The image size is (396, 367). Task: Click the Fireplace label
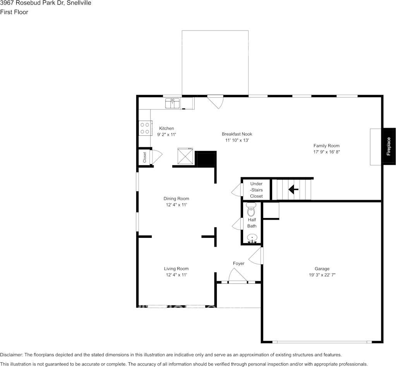click(x=389, y=146)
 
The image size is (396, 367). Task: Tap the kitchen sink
click(x=172, y=103)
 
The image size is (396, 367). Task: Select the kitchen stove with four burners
click(x=145, y=128)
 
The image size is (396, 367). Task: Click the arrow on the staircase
click(x=293, y=189)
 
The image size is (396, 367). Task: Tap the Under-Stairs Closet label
click(x=256, y=190)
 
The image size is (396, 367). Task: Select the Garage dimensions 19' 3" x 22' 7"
click(x=322, y=275)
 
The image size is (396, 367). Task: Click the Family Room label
click(x=326, y=146)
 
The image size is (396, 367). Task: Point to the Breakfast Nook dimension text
click(x=237, y=140)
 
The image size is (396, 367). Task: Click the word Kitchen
click(x=166, y=128)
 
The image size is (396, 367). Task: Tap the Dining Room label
click(x=176, y=199)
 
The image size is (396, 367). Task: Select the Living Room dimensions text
click(x=176, y=275)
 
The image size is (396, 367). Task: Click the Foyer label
click(x=238, y=263)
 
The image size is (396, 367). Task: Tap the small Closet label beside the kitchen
click(x=145, y=157)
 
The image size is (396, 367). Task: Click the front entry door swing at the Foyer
click(x=237, y=275)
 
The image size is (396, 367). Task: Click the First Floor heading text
click(x=14, y=12)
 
